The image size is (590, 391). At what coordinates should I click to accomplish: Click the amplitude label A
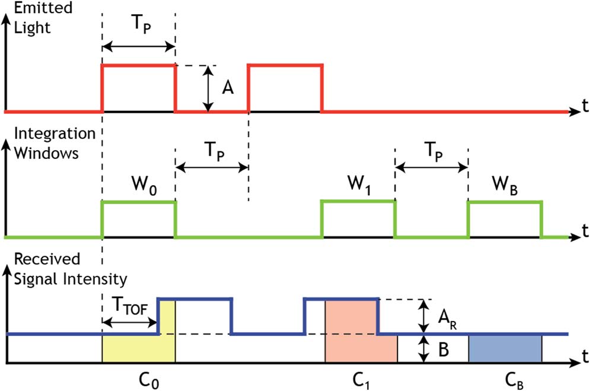(x=228, y=88)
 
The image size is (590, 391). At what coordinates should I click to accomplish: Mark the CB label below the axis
(x=505, y=378)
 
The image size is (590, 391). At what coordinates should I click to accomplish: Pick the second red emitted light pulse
(x=285, y=87)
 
